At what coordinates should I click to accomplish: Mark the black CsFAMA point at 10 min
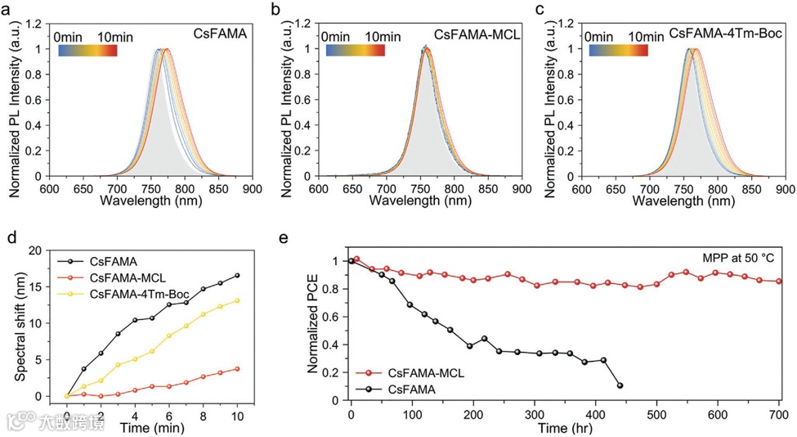[237, 276]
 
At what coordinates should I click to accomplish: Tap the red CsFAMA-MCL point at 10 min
[237, 368]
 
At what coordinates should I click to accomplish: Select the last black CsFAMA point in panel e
[620, 385]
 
